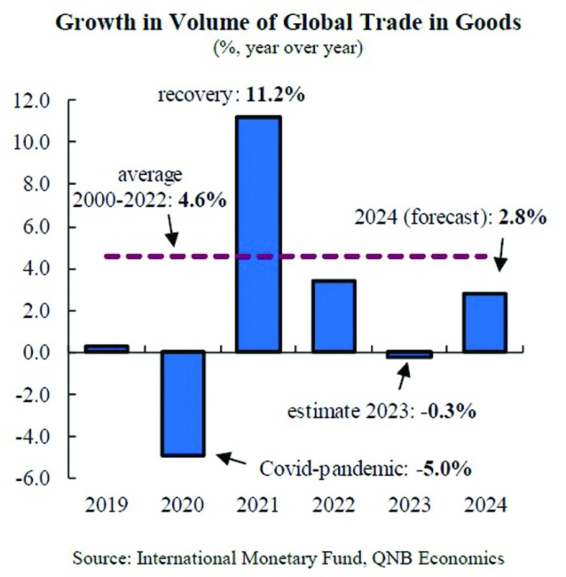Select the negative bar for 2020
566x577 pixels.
pos(182,403)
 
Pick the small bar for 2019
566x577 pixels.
pos(106,348)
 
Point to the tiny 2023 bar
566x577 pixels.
pos(408,354)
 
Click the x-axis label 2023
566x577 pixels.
pos(408,506)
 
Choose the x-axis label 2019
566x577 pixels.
pos(106,506)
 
